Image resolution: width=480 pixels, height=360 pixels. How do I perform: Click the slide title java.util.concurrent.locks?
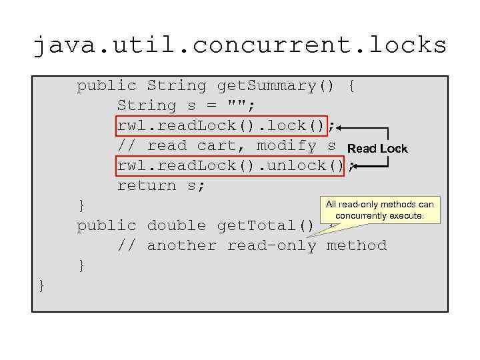click(240, 45)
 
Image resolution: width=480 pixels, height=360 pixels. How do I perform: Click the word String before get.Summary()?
click(177, 86)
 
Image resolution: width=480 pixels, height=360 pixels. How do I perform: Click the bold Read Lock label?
click(377, 148)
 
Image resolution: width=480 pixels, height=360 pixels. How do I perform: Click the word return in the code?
click(147, 185)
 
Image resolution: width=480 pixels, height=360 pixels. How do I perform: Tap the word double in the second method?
click(177, 225)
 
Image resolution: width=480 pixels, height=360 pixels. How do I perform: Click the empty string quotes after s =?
click(237, 105)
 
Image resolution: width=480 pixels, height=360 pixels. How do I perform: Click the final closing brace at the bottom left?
click(42, 285)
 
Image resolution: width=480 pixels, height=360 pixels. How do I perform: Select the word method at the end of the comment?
click(356, 245)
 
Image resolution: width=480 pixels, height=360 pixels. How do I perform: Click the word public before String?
click(107, 86)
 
